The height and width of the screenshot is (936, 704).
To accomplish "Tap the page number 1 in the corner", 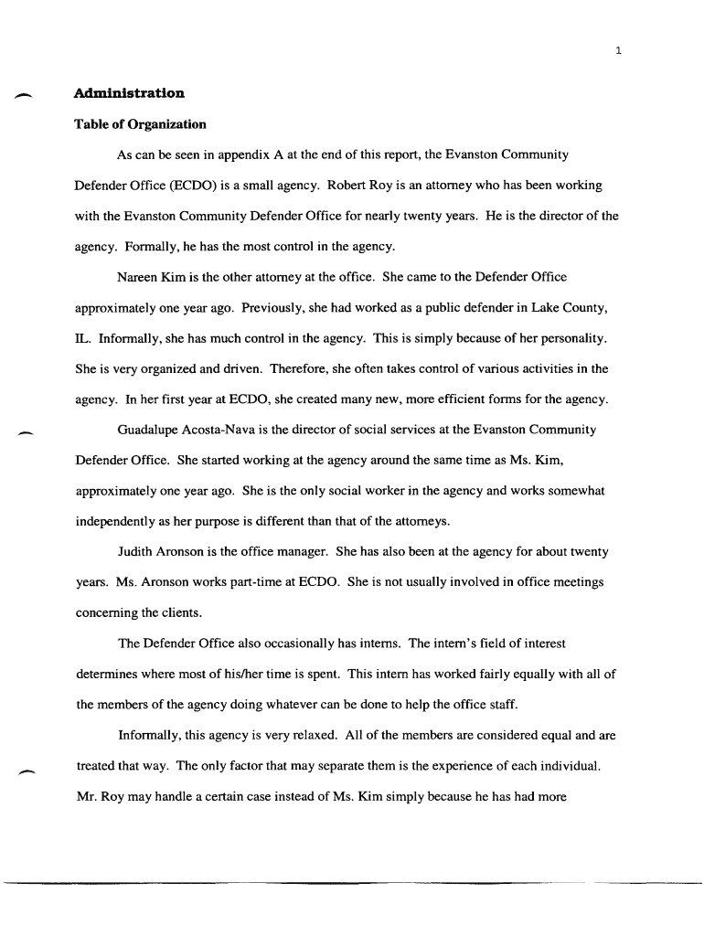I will pyautogui.click(x=618, y=50).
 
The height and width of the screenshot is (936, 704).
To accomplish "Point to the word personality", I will pyautogui.click(x=571, y=339).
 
